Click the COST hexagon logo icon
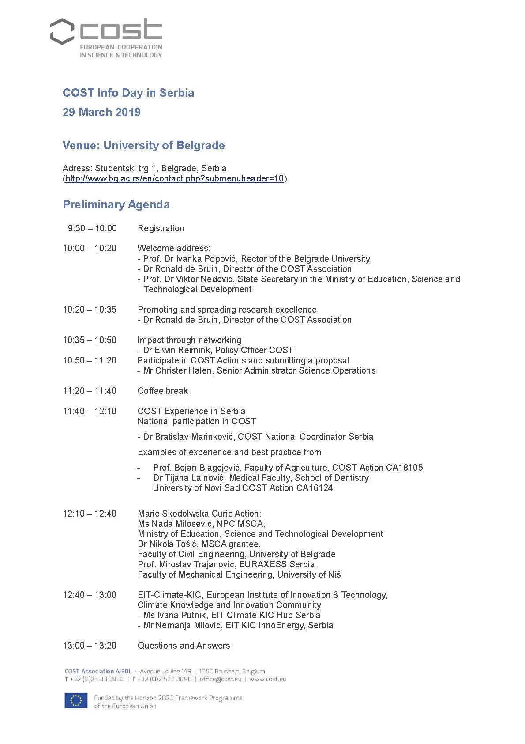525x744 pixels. (62, 31)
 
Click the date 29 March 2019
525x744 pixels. (101, 112)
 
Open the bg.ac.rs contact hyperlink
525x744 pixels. (175, 178)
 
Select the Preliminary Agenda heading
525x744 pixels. (116, 204)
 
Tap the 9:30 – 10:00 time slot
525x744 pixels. (92, 228)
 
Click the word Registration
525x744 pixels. (161, 228)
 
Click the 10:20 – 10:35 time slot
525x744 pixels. (90, 310)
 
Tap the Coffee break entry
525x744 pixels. (162, 391)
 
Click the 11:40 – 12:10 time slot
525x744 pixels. (90, 411)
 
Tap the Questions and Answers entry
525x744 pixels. (184, 646)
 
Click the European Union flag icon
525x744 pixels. (76, 701)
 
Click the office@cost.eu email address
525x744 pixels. (220, 679)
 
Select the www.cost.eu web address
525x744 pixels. (268, 679)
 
